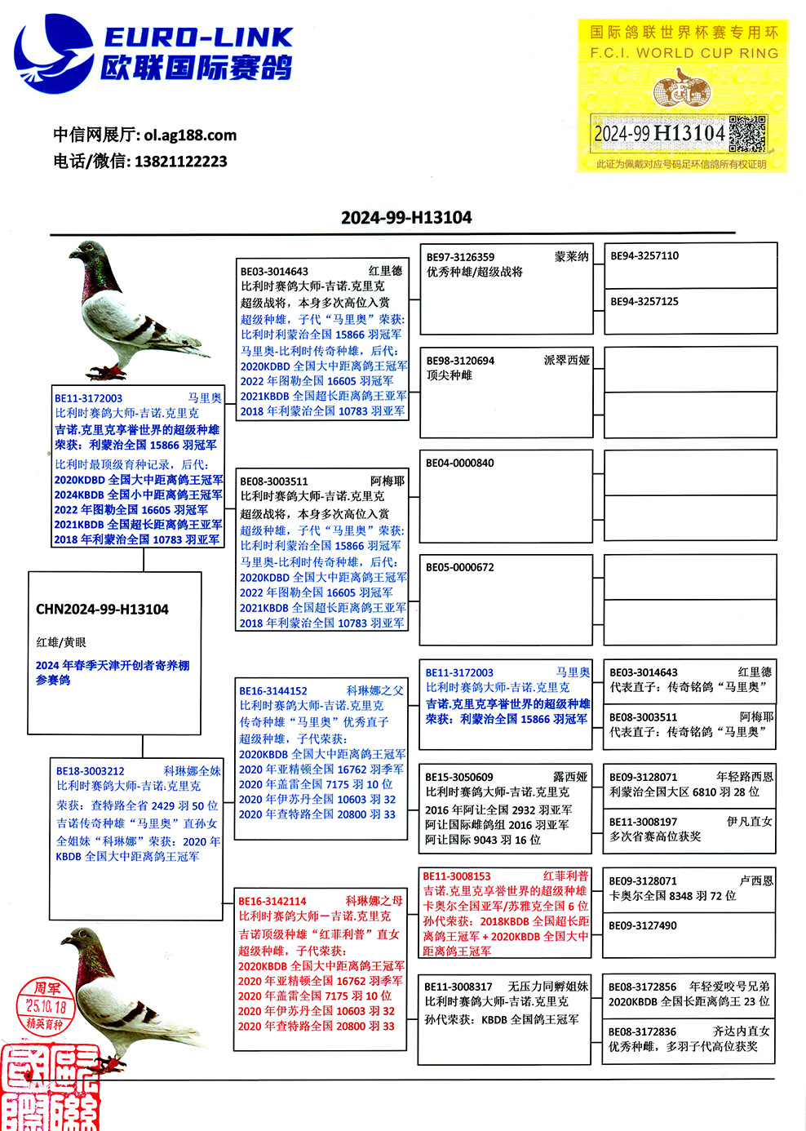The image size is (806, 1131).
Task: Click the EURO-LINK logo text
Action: click(197, 38)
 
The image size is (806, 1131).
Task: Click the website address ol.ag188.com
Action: click(190, 135)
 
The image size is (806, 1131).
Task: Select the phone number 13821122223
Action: click(180, 162)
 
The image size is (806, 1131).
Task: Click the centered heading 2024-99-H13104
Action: click(406, 218)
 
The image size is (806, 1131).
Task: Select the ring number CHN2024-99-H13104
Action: click(102, 610)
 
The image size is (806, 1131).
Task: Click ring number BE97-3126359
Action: click(460, 257)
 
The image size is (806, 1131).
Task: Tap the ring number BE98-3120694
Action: click(460, 361)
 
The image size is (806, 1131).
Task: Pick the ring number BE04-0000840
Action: click(460, 463)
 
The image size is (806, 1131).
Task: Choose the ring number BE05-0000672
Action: click(460, 568)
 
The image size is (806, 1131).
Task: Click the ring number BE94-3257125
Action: click(644, 302)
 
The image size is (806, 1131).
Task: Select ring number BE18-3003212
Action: click(91, 771)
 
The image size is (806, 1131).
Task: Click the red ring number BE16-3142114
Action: click(272, 902)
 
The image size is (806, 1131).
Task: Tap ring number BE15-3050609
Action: click(459, 778)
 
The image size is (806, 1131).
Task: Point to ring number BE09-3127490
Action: click(643, 926)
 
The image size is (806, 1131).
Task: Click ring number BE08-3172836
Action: click(642, 1032)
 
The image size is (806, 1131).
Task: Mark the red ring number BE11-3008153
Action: click(457, 876)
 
